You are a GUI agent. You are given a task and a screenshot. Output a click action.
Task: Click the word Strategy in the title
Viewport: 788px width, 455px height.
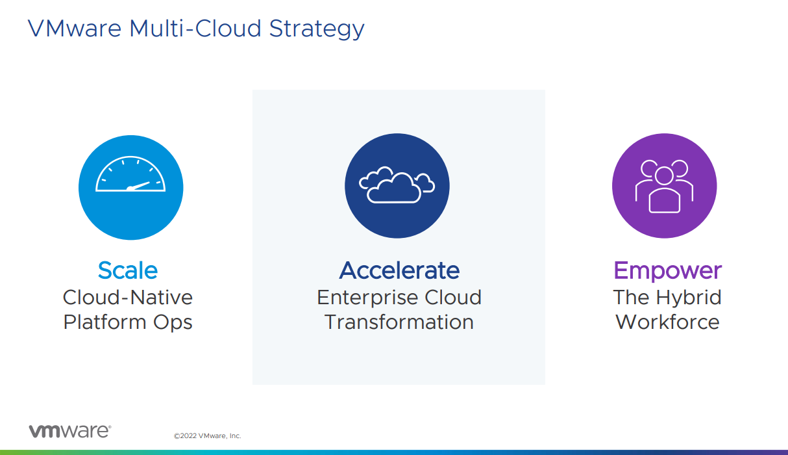pos(317,29)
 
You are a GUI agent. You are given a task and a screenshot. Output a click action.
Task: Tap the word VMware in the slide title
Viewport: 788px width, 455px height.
pos(75,28)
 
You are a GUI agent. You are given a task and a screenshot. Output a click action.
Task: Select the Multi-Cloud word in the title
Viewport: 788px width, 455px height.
pos(195,28)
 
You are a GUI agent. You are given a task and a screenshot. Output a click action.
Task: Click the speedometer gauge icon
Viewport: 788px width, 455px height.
pos(130,174)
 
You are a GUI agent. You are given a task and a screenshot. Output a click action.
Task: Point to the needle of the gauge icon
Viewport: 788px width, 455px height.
pos(139,186)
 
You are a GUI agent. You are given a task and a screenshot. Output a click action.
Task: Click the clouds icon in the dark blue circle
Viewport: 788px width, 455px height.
pos(397,185)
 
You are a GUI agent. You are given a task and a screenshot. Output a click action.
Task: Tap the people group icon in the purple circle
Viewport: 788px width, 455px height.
pos(664,187)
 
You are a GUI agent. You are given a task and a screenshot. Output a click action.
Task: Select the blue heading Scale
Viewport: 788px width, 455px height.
pos(128,270)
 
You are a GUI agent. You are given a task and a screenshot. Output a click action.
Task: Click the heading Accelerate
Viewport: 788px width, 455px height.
pos(399,270)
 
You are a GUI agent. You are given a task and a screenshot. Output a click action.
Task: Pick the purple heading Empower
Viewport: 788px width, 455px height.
pos(668,271)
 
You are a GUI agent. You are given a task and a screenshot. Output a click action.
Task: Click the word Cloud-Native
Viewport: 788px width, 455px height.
pos(128,297)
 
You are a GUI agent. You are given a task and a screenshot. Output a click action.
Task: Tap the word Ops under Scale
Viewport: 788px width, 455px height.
pos(173,322)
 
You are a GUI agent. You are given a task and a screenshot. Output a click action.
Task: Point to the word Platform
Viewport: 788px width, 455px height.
pos(105,322)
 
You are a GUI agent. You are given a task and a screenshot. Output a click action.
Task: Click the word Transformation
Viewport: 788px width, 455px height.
pos(399,322)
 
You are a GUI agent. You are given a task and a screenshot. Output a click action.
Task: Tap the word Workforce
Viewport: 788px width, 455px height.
pos(668,322)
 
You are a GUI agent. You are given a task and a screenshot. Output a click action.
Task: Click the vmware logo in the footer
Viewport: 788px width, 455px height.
pos(70,431)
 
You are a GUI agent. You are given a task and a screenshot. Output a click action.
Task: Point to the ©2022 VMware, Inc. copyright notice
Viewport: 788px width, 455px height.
pos(208,435)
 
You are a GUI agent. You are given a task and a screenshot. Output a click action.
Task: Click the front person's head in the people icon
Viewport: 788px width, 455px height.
pos(664,175)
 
